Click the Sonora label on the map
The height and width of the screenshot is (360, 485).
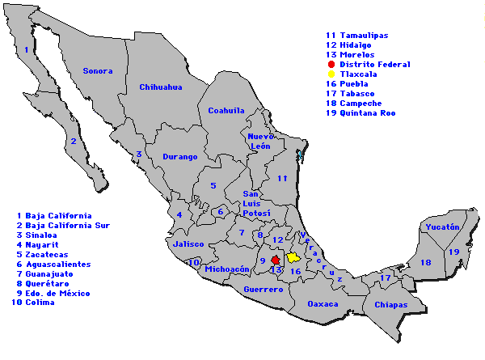(97, 71)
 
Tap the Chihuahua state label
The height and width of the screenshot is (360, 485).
(160, 87)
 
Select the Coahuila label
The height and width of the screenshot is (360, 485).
(226, 110)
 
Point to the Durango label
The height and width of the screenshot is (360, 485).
(179, 156)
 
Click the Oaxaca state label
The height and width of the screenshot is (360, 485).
(324, 304)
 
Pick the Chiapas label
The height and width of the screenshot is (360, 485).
(390, 305)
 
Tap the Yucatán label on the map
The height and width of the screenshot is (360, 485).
(442, 227)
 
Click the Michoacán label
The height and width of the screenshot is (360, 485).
(228, 269)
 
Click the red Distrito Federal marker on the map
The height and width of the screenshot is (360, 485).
(275, 260)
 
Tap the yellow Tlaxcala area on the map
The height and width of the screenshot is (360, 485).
(293, 256)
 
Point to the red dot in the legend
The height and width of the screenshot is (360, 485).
(331, 64)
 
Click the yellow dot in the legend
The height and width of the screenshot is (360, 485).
(331, 74)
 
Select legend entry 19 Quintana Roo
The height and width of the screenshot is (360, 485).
(361, 112)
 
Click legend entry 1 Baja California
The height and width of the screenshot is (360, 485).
(54, 216)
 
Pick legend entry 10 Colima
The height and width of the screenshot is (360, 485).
(33, 303)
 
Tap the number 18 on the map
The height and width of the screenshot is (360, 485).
(426, 262)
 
